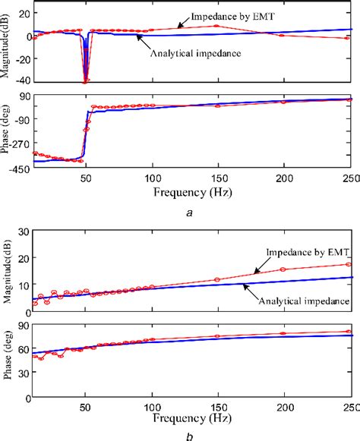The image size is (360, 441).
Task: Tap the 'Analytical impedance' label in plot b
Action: [304, 301]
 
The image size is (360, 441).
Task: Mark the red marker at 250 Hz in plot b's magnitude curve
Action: [349, 264]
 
